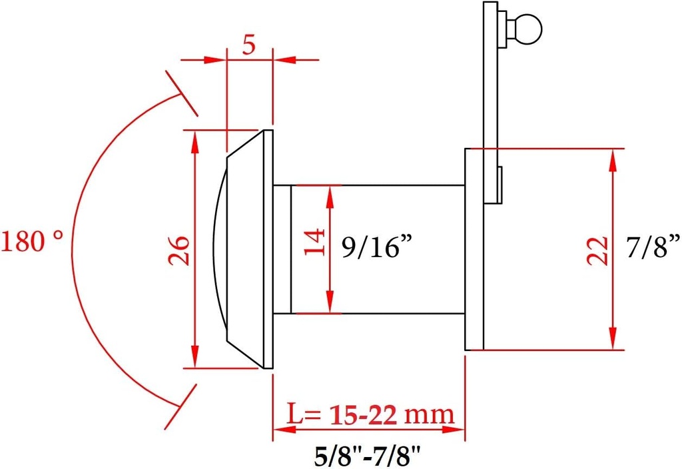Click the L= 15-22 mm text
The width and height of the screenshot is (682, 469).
tap(370, 414)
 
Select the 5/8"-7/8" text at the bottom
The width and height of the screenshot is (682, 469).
tap(369, 456)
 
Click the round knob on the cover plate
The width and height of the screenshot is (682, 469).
tap(528, 29)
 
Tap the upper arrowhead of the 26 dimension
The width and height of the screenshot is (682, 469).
tap(194, 137)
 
